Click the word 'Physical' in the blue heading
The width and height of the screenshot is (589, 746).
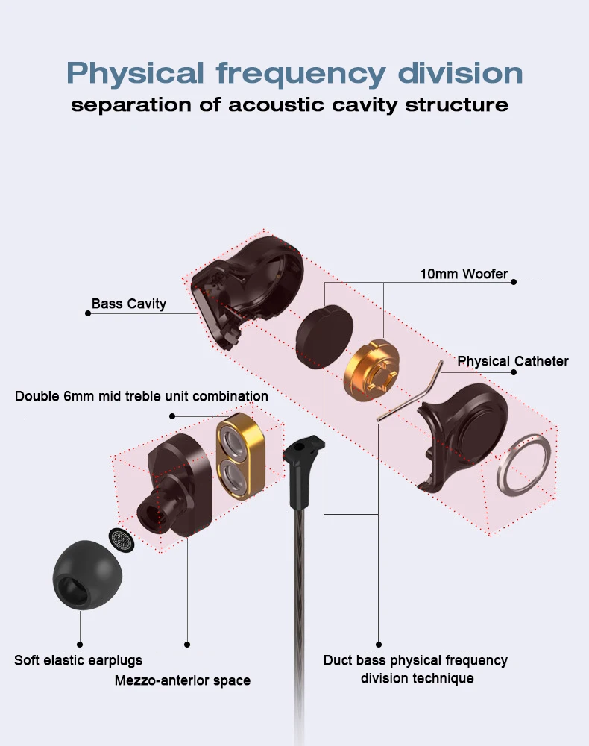click(x=136, y=74)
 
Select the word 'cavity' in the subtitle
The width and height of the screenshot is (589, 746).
click(x=365, y=105)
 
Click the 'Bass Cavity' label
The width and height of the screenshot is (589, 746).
click(x=128, y=304)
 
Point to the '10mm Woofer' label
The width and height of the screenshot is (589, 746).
click(x=464, y=274)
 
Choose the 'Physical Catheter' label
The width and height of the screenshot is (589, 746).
click(x=513, y=361)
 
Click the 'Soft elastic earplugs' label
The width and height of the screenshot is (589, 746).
click(x=78, y=660)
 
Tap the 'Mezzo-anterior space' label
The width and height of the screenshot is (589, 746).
click(x=183, y=680)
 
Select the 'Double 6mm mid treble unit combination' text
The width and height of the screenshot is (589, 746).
click(x=141, y=396)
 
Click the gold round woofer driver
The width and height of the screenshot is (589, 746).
click(x=371, y=370)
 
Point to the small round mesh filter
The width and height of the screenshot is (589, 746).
click(x=122, y=540)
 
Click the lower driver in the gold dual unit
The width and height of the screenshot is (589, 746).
click(x=235, y=479)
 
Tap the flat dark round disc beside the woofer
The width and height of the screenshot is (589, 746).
click(x=324, y=336)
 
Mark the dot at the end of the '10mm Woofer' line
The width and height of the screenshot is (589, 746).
click(x=514, y=282)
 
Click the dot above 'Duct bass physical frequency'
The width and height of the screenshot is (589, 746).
click(x=379, y=645)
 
